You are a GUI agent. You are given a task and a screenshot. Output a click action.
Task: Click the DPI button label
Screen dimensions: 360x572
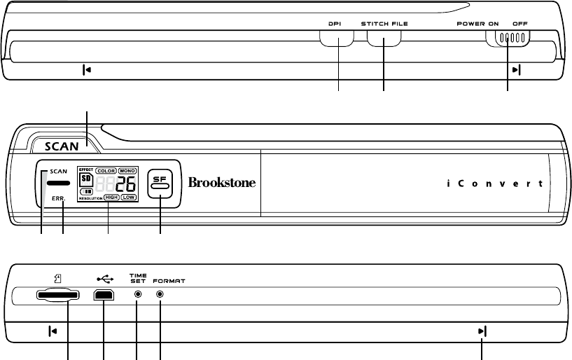pyautogui.click(x=337, y=23)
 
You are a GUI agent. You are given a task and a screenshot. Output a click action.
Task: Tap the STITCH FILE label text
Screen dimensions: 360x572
pyautogui.click(x=384, y=23)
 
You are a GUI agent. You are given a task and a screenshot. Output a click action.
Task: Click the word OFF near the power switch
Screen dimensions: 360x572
pyautogui.click(x=520, y=23)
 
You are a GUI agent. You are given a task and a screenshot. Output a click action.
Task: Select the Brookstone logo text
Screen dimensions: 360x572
pyautogui.click(x=222, y=183)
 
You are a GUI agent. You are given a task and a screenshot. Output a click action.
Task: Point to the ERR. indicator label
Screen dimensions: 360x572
pyautogui.click(x=58, y=199)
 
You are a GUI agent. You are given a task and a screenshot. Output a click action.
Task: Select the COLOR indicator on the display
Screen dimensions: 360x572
pyautogui.click(x=106, y=170)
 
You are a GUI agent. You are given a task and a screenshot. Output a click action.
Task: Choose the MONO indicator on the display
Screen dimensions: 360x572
pyautogui.click(x=127, y=170)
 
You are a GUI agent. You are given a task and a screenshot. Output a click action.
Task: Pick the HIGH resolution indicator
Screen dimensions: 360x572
pyautogui.click(x=111, y=198)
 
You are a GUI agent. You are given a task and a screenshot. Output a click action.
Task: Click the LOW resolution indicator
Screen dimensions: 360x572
pyautogui.click(x=128, y=198)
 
